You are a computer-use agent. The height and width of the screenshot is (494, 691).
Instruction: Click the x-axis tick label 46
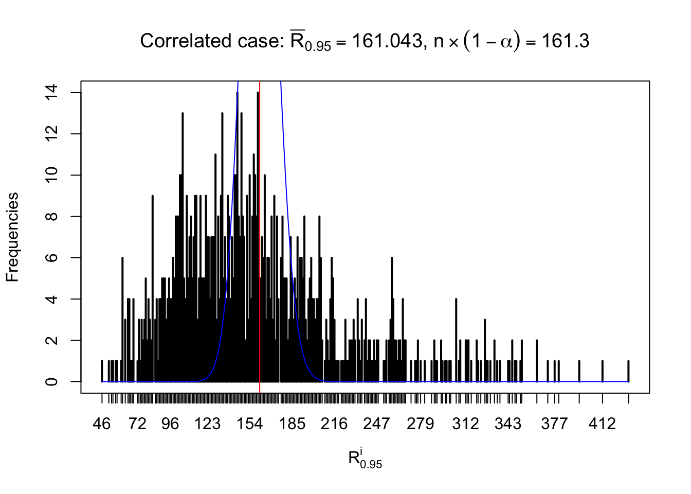pyautogui.click(x=102, y=424)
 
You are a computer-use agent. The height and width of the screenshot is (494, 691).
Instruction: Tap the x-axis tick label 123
pyautogui.click(x=207, y=424)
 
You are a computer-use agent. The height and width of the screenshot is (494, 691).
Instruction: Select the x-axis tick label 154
pyautogui.click(x=249, y=424)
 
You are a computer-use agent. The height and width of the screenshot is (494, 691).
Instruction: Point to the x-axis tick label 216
pyautogui.click(x=334, y=424)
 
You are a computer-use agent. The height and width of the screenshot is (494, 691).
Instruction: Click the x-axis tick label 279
pyautogui.click(x=420, y=424)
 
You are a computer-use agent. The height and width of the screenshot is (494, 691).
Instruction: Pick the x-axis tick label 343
pyautogui.click(x=507, y=424)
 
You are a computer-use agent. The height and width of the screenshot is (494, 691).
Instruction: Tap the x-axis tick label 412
pyautogui.click(x=602, y=424)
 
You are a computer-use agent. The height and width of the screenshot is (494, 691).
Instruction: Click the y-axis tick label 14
pyautogui.click(x=52, y=93)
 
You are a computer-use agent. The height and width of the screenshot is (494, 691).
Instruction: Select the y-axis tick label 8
pyautogui.click(x=52, y=217)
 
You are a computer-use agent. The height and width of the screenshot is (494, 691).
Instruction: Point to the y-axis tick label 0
pyautogui.click(x=52, y=382)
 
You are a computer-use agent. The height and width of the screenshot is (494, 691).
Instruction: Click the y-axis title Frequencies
pyautogui.click(x=12, y=237)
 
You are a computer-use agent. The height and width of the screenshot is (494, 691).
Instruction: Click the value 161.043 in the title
pyautogui.click(x=387, y=41)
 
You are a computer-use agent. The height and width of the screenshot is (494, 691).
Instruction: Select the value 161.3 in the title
pyautogui.click(x=565, y=41)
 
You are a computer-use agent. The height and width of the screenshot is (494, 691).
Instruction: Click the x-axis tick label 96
pyautogui.click(x=170, y=424)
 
